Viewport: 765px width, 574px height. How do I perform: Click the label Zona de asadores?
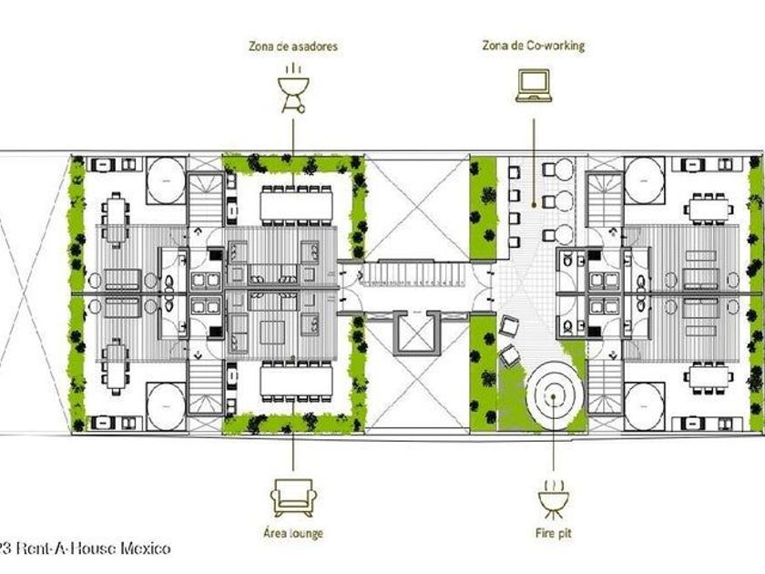point(293,46)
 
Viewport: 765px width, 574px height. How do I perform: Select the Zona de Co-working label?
point(533,45)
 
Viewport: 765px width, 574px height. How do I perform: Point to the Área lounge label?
point(293,533)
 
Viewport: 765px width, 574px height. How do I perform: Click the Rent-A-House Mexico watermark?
point(87,548)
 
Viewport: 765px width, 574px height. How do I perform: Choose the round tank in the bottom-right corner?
point(649,401)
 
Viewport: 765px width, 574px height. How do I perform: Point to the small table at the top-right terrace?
point(710,209)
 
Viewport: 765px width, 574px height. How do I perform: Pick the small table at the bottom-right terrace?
point(710,377)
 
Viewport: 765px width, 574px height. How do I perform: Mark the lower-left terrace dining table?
point(116,362)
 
